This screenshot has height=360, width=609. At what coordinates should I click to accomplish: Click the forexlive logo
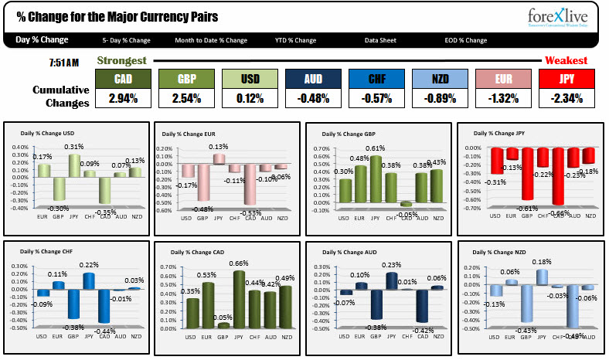coord(559,18)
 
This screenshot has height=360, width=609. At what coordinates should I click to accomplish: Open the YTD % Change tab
coord(295,40)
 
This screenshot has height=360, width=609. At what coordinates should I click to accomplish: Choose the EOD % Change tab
coord(465,40)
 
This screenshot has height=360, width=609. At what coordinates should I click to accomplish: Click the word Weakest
coord(566,60)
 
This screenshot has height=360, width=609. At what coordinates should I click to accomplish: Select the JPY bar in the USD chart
coord(74,165)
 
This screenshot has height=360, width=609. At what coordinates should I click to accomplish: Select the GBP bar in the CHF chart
coord(73,304)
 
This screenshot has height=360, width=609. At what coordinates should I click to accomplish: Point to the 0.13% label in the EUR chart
coord(219,147)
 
